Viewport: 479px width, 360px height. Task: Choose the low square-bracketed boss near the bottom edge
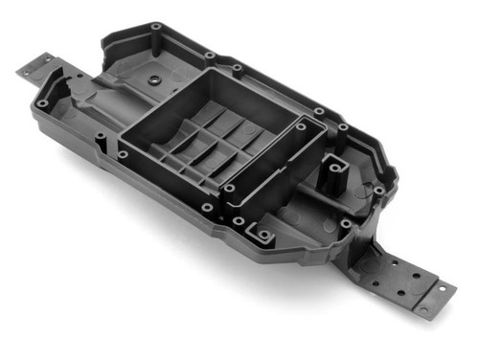258,231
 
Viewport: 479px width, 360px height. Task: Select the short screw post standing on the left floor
101,143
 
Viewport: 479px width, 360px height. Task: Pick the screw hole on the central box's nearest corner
228,189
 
